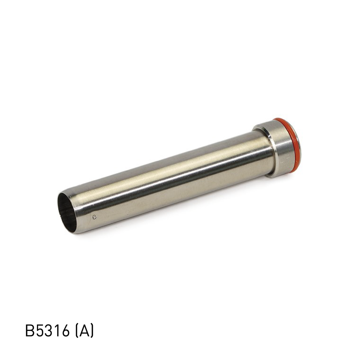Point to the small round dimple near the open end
94,217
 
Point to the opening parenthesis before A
75,331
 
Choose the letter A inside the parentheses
84,331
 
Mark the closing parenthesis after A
92,331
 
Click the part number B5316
47,331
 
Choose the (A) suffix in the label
84,331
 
